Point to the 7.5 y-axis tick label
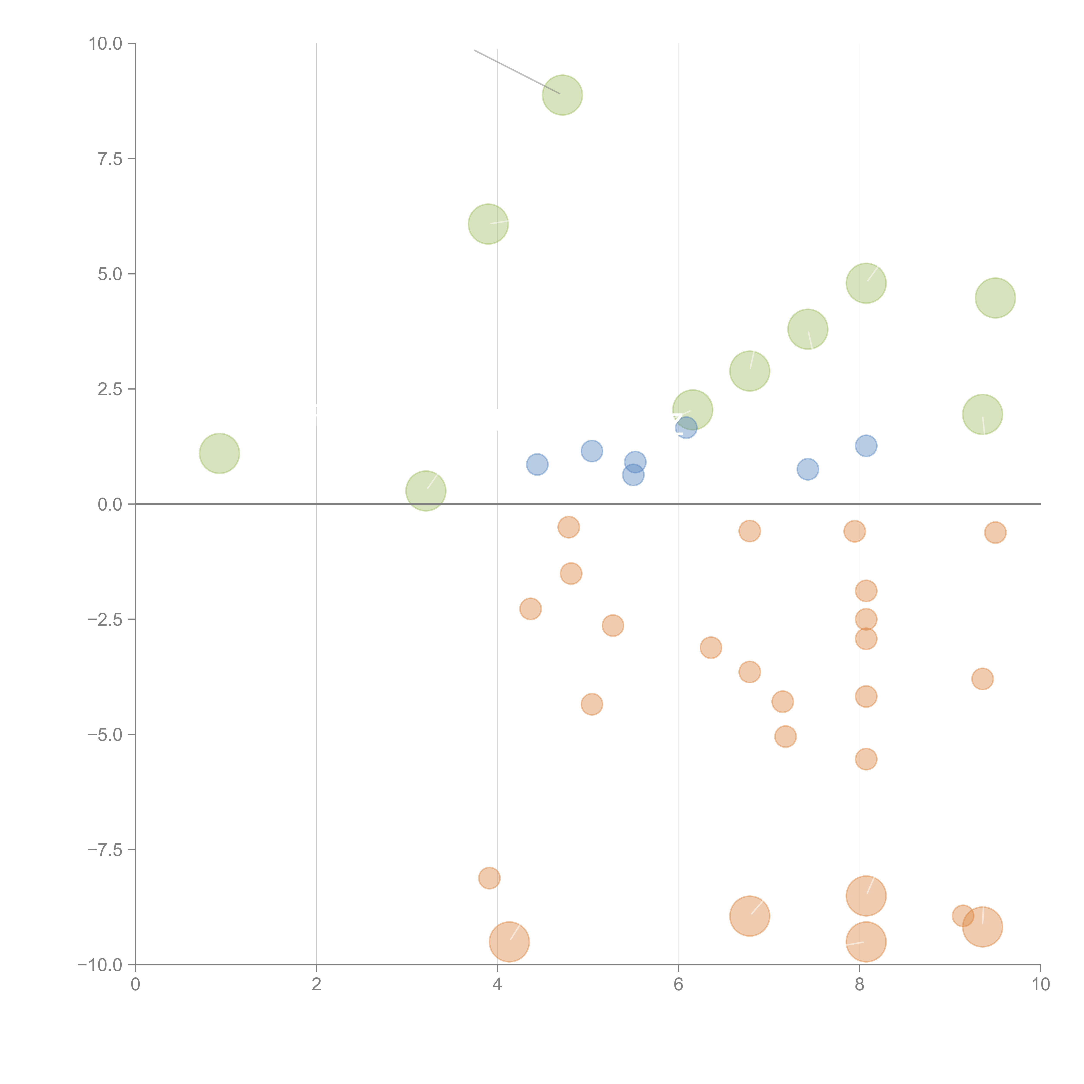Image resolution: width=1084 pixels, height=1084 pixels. (110, 159)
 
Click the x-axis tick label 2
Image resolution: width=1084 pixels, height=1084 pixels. (317, 985)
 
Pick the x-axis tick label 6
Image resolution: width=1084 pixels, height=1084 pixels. (678, 985)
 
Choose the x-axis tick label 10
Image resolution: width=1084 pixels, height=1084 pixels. (1040, 985)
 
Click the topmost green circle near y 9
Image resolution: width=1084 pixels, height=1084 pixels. (562, 95)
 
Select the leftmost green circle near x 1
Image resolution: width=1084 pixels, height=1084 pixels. (219, 453)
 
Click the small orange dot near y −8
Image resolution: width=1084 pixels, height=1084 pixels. (489, 878)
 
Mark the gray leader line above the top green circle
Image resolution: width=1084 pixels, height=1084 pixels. (516, 72)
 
